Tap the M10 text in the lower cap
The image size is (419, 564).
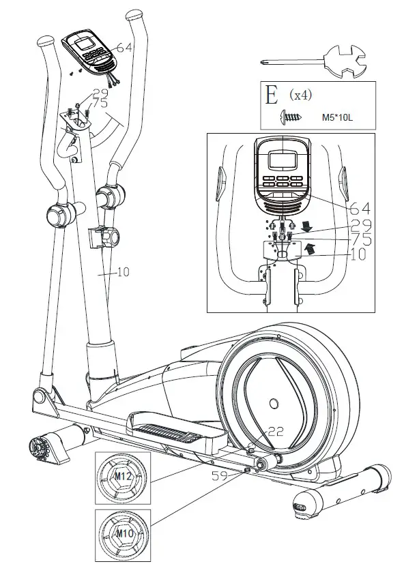(x=124, y=533)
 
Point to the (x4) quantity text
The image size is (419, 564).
(x=300, y=95)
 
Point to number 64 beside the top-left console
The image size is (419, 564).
(x=126, y=48)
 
